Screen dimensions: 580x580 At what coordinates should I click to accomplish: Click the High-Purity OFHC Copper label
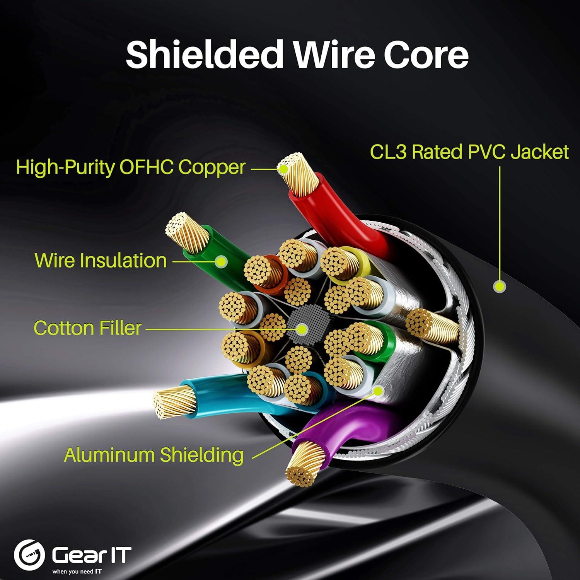click(131, 167)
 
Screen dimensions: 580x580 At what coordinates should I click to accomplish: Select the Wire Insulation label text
click(101, 260)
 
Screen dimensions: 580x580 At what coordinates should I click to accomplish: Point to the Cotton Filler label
click(87, 328)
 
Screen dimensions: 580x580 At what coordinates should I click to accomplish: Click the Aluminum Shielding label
click(154, 455)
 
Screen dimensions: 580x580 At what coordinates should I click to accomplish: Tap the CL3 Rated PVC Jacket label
click(469, 152)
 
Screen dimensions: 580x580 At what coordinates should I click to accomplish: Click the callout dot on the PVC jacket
click(500, 287)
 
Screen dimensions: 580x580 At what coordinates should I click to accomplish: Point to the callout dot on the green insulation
click(221, 262)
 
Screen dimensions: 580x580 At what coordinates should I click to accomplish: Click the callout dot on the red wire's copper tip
click(283, 169)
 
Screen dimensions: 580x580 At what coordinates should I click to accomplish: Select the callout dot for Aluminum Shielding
click(378, 391)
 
